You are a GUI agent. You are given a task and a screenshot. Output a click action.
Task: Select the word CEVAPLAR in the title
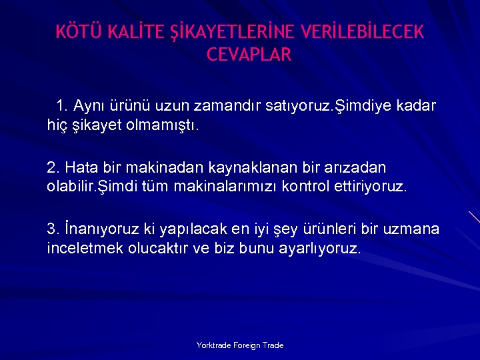(249, 55)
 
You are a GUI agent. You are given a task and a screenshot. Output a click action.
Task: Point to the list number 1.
(62, 107)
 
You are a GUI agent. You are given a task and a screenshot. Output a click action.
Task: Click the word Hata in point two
(81, 167)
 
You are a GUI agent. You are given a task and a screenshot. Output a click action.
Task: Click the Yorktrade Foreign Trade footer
(240, 345)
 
